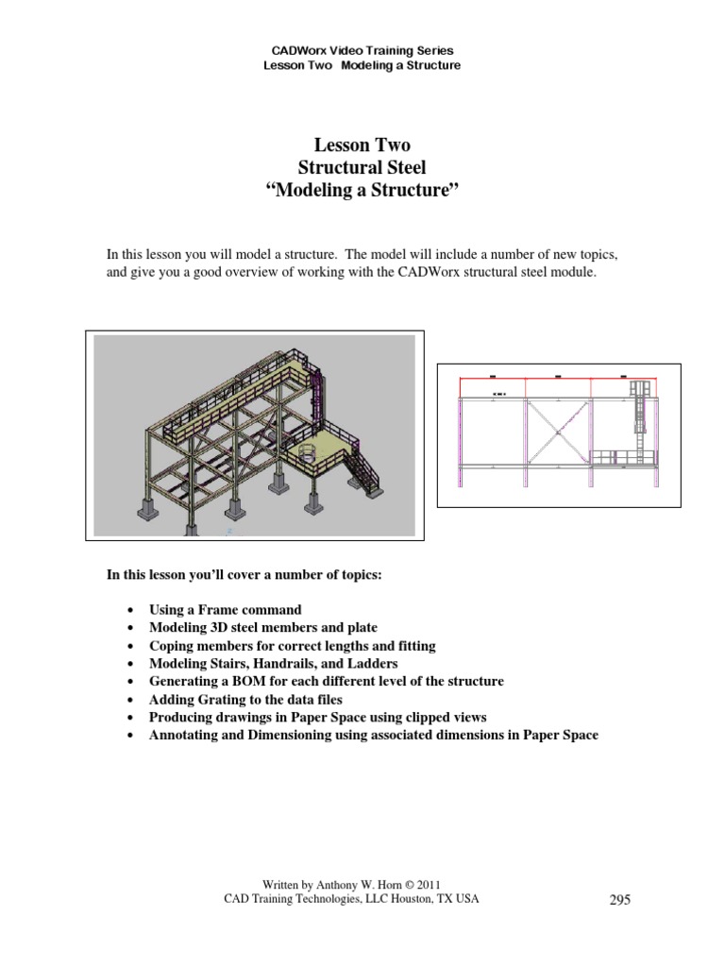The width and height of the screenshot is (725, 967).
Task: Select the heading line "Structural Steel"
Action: point(362,168)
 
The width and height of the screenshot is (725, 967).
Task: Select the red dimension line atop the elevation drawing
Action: point(557,378)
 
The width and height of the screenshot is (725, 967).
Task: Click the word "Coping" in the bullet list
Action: point(172,646)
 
